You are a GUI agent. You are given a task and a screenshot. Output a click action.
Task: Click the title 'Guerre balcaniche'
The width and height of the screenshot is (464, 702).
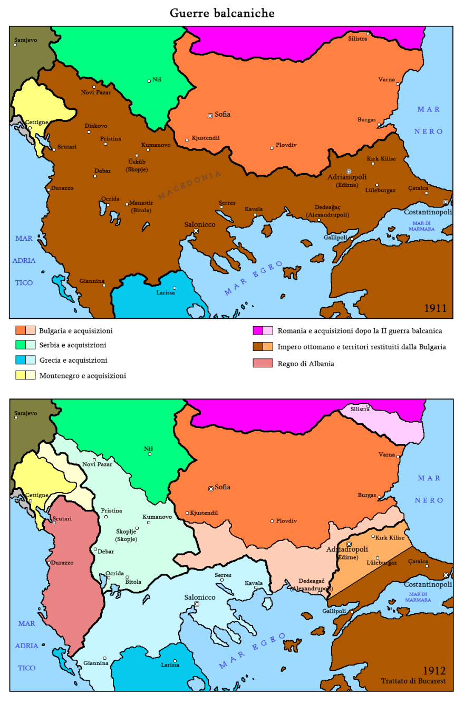[222, 13]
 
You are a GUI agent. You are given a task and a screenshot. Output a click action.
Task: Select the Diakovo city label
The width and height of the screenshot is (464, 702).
[96, 126]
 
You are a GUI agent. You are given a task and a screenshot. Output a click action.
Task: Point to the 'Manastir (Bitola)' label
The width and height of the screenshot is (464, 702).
[141, 207]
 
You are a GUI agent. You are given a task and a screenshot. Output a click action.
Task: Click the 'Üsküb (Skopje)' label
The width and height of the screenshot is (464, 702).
[137, 165]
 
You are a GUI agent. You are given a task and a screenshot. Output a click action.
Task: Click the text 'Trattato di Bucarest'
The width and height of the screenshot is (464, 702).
[413, 681]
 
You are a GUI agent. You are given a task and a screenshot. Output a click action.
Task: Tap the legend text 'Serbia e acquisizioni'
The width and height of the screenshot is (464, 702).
[73, 345]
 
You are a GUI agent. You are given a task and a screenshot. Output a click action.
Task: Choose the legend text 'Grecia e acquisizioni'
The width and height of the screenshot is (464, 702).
[73, 360]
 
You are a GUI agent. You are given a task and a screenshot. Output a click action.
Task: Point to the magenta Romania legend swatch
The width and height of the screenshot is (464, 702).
[258, 331]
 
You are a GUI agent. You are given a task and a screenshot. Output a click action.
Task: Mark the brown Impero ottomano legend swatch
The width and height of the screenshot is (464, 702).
[258, 347]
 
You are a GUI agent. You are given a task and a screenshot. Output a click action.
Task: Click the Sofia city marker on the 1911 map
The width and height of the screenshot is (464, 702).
[210, 115]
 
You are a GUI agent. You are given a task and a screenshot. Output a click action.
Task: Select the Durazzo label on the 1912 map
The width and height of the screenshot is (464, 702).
[62, 562]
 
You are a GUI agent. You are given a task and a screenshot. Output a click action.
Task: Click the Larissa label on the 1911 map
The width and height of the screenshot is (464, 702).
[166, 292]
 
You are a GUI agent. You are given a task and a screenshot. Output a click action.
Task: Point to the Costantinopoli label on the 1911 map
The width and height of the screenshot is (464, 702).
[428, 212]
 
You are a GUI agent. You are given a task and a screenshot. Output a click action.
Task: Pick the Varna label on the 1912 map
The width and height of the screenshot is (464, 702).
[386, 454]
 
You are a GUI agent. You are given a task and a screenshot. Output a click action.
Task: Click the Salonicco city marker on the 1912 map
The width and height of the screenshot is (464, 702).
[197, 604]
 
